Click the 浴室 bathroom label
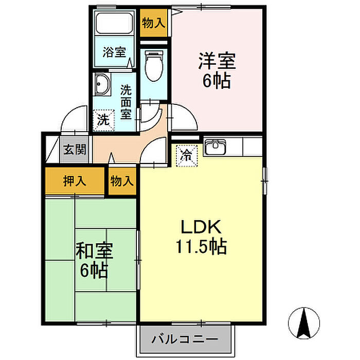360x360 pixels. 114,52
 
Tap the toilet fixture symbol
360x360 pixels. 154,66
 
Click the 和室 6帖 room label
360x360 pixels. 95,261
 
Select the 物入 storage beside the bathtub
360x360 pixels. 153,23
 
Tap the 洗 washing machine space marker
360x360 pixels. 103,120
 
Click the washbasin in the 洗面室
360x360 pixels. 102,85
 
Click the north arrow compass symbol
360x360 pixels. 304,320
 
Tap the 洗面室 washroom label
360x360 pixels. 125,101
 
